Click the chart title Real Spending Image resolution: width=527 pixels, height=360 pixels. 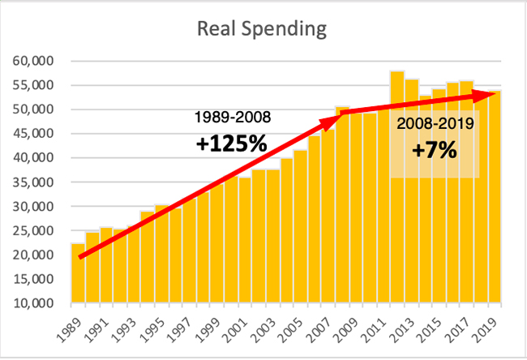263,30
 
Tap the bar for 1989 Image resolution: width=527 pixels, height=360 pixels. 78,276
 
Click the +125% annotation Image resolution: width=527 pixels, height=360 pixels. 231,144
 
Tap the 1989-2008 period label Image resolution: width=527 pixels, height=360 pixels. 231,117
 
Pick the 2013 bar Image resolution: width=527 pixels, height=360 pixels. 411,195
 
